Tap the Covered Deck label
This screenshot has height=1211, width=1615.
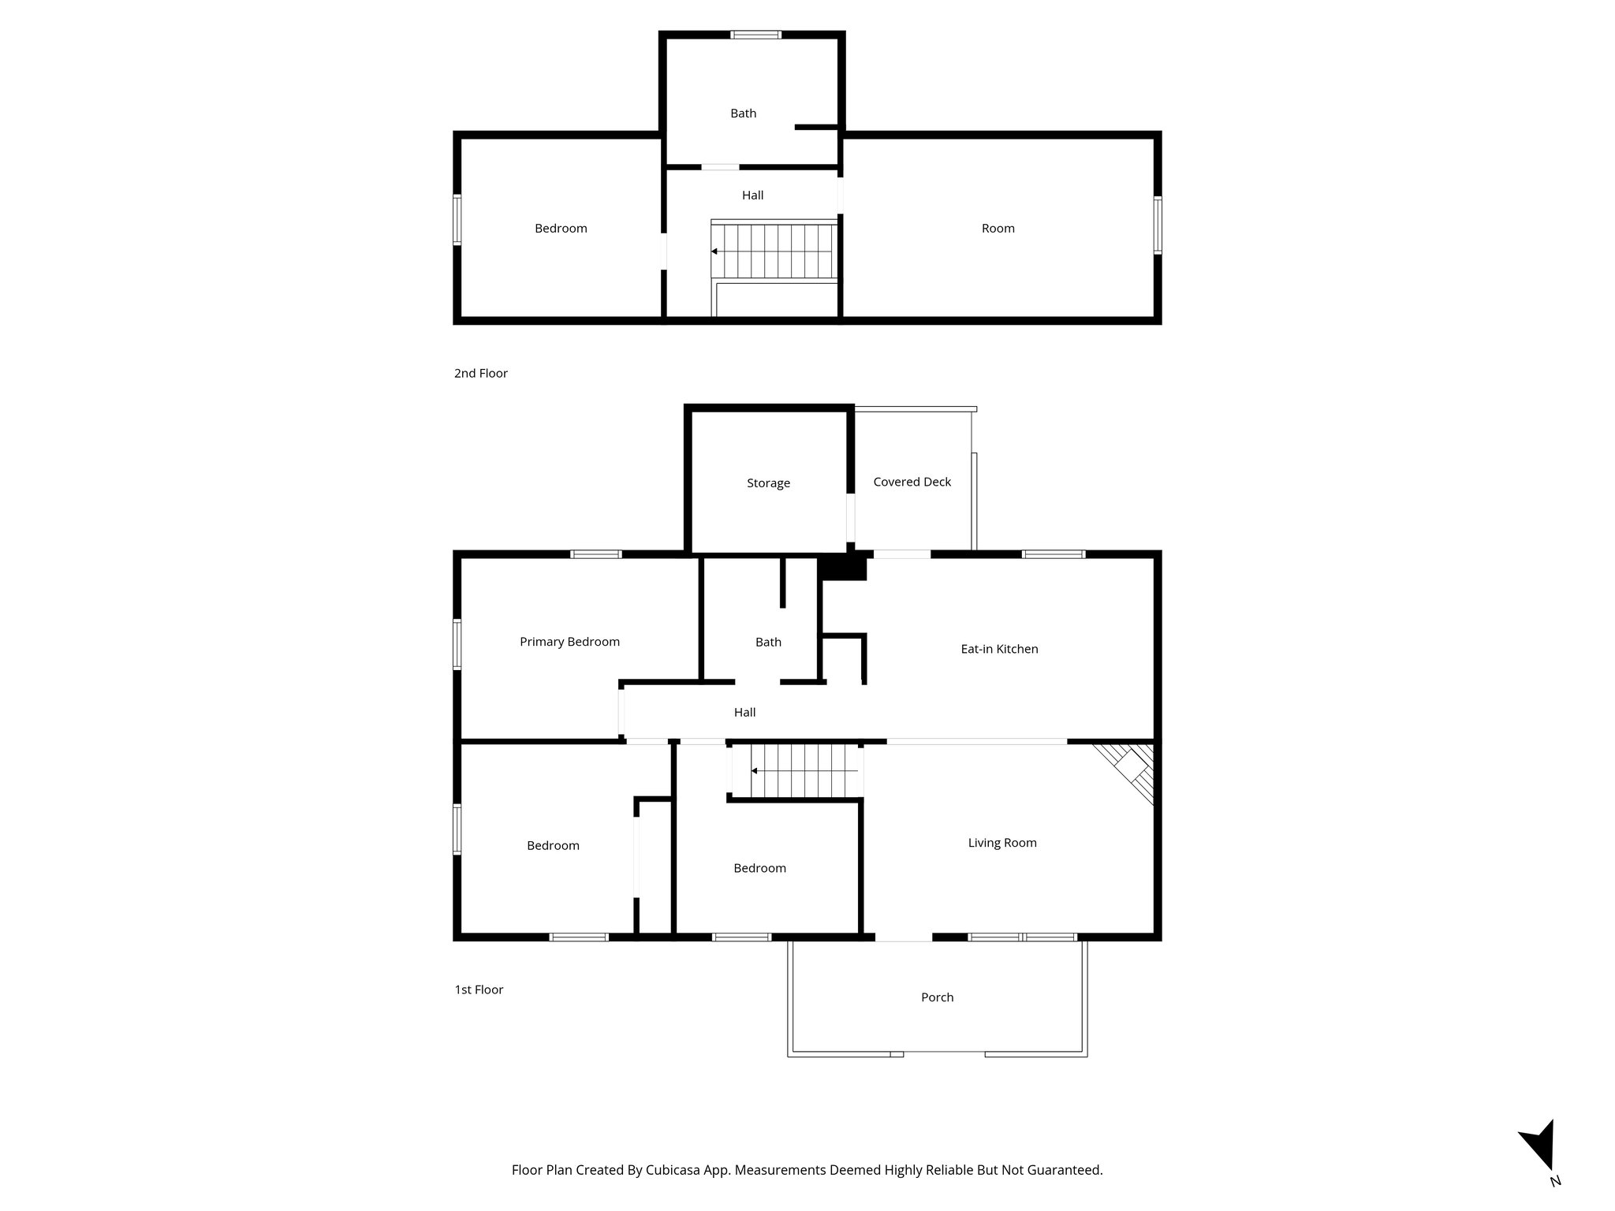912,482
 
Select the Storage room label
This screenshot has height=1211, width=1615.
768,483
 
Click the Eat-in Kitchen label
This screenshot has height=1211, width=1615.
998,649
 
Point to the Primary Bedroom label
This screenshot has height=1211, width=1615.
569,642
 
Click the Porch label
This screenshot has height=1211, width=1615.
937,997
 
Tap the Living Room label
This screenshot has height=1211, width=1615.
1001,843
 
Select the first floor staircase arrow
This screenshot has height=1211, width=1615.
755,770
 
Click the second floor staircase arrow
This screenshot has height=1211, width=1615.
714,252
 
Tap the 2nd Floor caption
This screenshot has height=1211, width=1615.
480,373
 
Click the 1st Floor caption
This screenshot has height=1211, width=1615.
478,989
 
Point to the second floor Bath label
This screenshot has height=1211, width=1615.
743,114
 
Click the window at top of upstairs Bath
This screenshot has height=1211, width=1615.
755,35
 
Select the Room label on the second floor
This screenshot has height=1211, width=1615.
998,229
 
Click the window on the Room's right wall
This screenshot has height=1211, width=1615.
1157,225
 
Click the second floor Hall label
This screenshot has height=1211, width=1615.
752,196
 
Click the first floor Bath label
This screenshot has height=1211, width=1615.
768,643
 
